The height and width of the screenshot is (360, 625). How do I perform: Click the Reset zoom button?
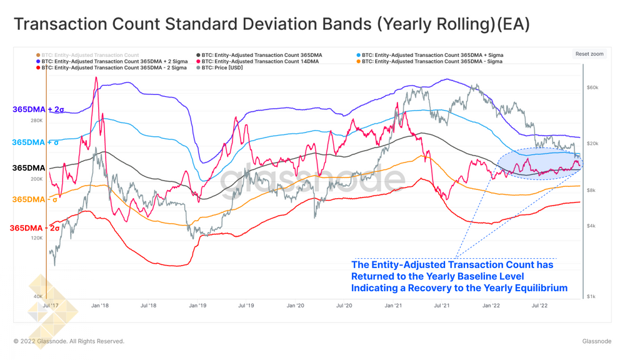[x=589, y=54]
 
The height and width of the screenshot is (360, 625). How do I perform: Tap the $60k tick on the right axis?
[x=592, y=88]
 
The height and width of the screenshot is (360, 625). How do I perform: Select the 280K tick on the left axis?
[x=36, y=121]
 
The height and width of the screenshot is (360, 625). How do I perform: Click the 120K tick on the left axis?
[x=36, y=238]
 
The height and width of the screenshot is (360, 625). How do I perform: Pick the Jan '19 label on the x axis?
[x=197, y=306]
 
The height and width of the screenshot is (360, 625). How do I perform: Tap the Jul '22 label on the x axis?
[x=539, y=306]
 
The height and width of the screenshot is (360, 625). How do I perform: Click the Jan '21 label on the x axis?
[x=393, y=306]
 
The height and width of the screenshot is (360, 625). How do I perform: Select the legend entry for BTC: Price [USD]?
[x=222, y=68]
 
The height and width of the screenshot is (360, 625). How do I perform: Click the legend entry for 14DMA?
[x=260, y=62]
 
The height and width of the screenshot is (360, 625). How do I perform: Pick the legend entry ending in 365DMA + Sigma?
[x=432, y=55]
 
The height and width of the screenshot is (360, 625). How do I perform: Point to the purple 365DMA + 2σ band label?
[x=38, y=110]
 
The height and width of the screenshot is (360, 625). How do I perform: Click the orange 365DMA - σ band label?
[x=35, y=199]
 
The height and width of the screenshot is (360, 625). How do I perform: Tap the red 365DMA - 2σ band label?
[x=35, y=228]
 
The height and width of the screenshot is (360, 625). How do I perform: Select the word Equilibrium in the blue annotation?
[x=537, y=288]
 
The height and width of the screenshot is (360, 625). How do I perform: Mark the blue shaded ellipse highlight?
[x=540, y=164]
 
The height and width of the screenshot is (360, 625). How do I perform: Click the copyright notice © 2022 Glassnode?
[x=69, y=341]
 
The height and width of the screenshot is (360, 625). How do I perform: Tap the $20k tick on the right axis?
[x=592, y=144]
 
